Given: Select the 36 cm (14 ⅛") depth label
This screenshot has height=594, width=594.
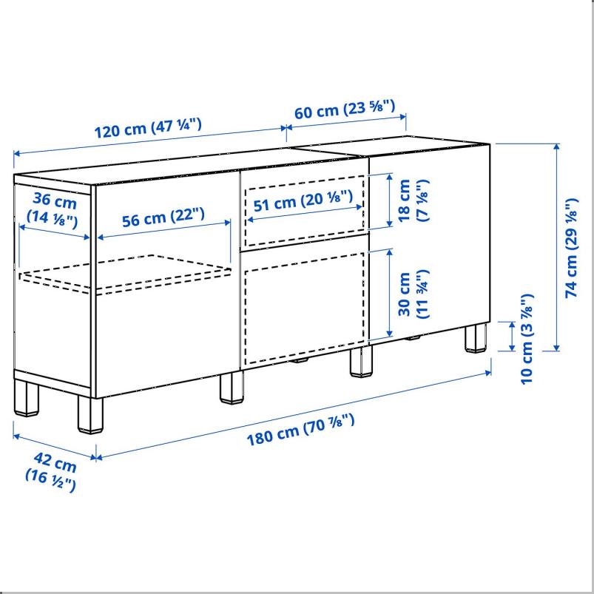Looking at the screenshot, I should coord(52,209).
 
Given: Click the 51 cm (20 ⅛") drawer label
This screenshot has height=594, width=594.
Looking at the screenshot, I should coord(303,202).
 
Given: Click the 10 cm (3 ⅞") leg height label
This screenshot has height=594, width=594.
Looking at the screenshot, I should coord(526,338).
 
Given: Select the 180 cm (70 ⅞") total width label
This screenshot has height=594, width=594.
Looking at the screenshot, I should coord(300,430).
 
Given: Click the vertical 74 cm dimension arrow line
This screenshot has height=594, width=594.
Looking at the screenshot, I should coord(556,248).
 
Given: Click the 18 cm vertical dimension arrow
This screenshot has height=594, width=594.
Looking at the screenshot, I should coord(390,200).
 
